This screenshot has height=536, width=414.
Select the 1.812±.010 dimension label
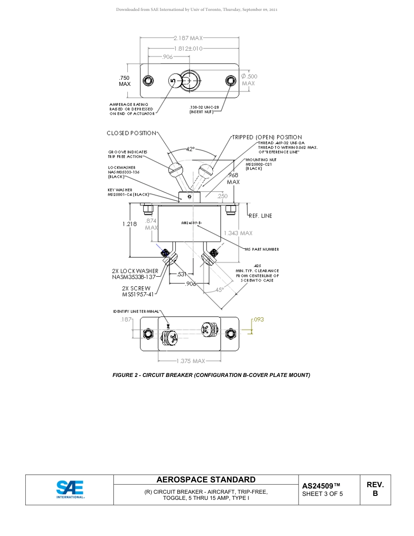click(188, 48)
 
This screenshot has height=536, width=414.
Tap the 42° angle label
click(190, 149)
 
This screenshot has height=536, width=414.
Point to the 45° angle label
click(219, 289)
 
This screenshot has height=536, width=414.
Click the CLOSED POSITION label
click(131, 133)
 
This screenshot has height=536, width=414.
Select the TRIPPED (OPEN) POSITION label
click(267, 137)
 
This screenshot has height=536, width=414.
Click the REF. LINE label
click(261, 216)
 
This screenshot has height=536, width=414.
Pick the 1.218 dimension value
click(129, 224)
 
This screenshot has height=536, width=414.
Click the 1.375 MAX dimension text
click(190, 361)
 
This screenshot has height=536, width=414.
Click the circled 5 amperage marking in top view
click(173, 81)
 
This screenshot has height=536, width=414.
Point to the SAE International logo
click(70, 489)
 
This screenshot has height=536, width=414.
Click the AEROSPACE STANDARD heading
click(206, 480)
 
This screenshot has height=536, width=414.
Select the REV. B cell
click(375, 489)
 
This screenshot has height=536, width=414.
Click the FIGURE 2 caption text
click(211, 375)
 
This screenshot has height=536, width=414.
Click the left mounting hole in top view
click(149, 81)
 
